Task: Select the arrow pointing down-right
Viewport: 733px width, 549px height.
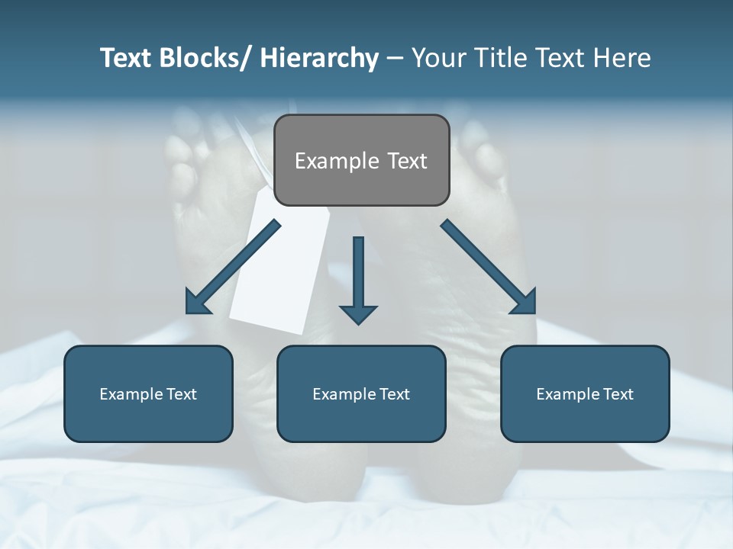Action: [x=489, y=268]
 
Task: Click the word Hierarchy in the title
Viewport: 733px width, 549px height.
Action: [x=319, y=59]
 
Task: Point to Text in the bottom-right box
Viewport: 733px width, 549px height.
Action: [x=617, y=394]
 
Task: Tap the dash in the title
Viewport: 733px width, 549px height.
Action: [x=395, y=59]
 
